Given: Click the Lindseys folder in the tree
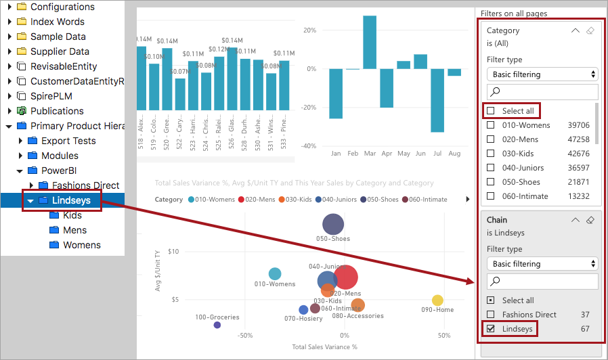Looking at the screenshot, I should coord(70,200).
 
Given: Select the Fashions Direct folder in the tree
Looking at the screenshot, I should coord(85,185).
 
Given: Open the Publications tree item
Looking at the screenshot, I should coord(57,111).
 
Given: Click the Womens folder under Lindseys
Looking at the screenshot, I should coord(81,245).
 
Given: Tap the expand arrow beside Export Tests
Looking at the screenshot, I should coord(20,141).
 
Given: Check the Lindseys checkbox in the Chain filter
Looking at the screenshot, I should coord(491,329).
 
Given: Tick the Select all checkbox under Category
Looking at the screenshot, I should coord(491,110).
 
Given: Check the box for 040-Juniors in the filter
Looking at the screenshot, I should coord(491,168).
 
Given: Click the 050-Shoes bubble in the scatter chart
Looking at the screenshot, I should coord(332,224).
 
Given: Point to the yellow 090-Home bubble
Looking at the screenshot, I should coord(437,300).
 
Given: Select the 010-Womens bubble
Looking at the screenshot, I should coord(275,273).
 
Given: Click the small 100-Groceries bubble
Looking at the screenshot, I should coord(217,325).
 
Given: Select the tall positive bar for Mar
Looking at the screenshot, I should coord(370,42).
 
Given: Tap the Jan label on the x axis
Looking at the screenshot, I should coord(336,154).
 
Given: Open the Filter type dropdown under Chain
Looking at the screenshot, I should coord(542,264).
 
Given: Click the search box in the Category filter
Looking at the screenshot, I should coord(542,92).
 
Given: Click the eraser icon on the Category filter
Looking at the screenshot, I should coord(590,30).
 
